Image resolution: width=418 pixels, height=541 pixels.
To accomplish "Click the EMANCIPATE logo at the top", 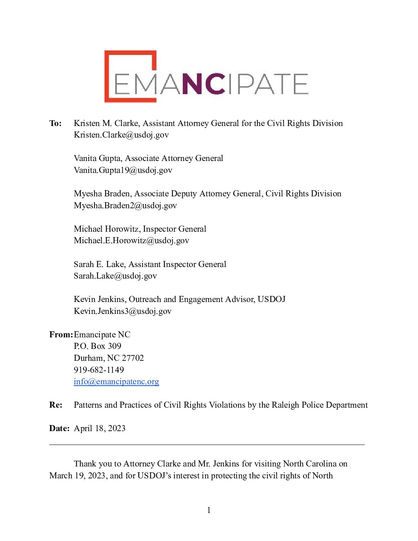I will (x=206, y=76).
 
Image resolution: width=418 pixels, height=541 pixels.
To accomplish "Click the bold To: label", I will (x=55, y=123).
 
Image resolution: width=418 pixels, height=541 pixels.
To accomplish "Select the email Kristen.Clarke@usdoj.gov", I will (x=121, y=135).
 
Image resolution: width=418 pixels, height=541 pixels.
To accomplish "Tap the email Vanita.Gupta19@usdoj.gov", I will (x=123, y=170).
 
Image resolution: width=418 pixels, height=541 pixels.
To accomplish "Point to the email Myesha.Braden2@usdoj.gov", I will (x=125, y=206).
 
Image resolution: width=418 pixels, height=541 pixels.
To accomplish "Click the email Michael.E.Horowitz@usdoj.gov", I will (x=131, y=241).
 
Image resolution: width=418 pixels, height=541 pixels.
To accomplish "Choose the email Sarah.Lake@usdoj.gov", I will (x=115, y=276).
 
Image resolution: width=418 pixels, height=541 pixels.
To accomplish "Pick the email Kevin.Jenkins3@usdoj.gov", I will (x=123, y=311).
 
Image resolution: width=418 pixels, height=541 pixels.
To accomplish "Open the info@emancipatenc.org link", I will (x=116, y=382).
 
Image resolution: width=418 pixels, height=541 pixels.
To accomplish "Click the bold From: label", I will (x=61, y=335).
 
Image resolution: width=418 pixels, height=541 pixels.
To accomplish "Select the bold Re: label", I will (x=56, y=405).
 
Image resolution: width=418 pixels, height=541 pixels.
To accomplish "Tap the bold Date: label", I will (x=59, y=428).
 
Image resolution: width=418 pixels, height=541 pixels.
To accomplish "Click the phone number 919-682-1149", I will (x=99, y=370).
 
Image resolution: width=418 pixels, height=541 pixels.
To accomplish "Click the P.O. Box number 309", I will (x=114, y=346).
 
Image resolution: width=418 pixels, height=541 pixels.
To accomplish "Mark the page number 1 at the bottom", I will (x=209, y=510).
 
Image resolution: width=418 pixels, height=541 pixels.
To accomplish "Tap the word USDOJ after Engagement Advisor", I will (x=271, y=299).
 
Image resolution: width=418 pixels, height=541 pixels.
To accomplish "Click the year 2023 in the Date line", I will (x=116, y=428).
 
